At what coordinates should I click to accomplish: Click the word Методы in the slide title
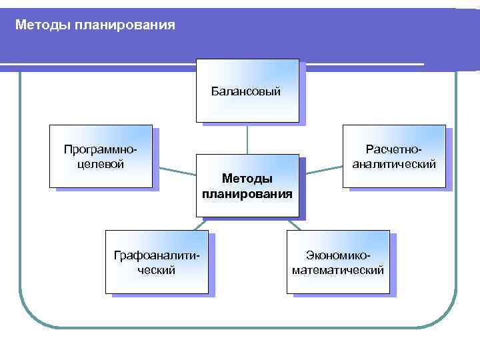[39, 25]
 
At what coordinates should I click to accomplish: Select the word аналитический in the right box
[394, 163]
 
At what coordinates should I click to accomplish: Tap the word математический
[338, 270]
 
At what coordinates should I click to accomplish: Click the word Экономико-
[338, 256]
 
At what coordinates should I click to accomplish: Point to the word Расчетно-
[394, 150]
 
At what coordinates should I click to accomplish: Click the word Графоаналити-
[157, 256]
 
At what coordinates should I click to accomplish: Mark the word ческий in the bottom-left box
[156, 270]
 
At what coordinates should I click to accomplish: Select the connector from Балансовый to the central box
[247, 139]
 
